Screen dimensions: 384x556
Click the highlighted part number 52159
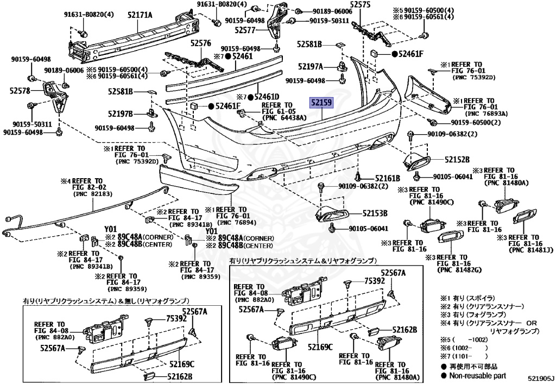tap(321, 102)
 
